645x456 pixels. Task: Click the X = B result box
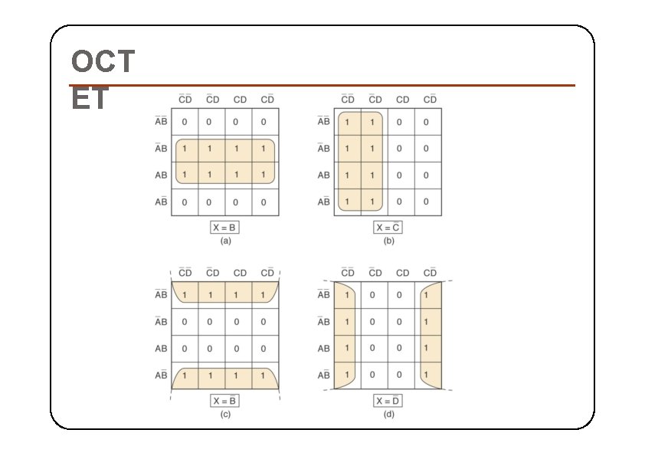225,228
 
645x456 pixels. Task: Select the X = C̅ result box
388,228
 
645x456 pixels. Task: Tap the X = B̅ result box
225,401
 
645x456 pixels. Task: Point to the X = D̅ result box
388,401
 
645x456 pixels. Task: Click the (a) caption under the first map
225,241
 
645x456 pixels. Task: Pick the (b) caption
388,241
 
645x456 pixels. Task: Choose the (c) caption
225,414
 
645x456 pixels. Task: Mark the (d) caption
388,414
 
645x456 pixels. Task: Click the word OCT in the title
102,61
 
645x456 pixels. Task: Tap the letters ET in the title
90,100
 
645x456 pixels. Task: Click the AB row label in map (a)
161,175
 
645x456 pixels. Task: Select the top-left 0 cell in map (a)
184,121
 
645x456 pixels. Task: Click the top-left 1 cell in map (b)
347,121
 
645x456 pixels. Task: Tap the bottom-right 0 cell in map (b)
427,202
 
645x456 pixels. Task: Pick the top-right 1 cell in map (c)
264,294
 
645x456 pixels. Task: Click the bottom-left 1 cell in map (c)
184,375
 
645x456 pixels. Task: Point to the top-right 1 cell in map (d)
427,294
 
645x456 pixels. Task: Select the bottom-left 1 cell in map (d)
347,375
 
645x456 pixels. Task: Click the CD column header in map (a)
240,100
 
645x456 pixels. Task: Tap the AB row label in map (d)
323,348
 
